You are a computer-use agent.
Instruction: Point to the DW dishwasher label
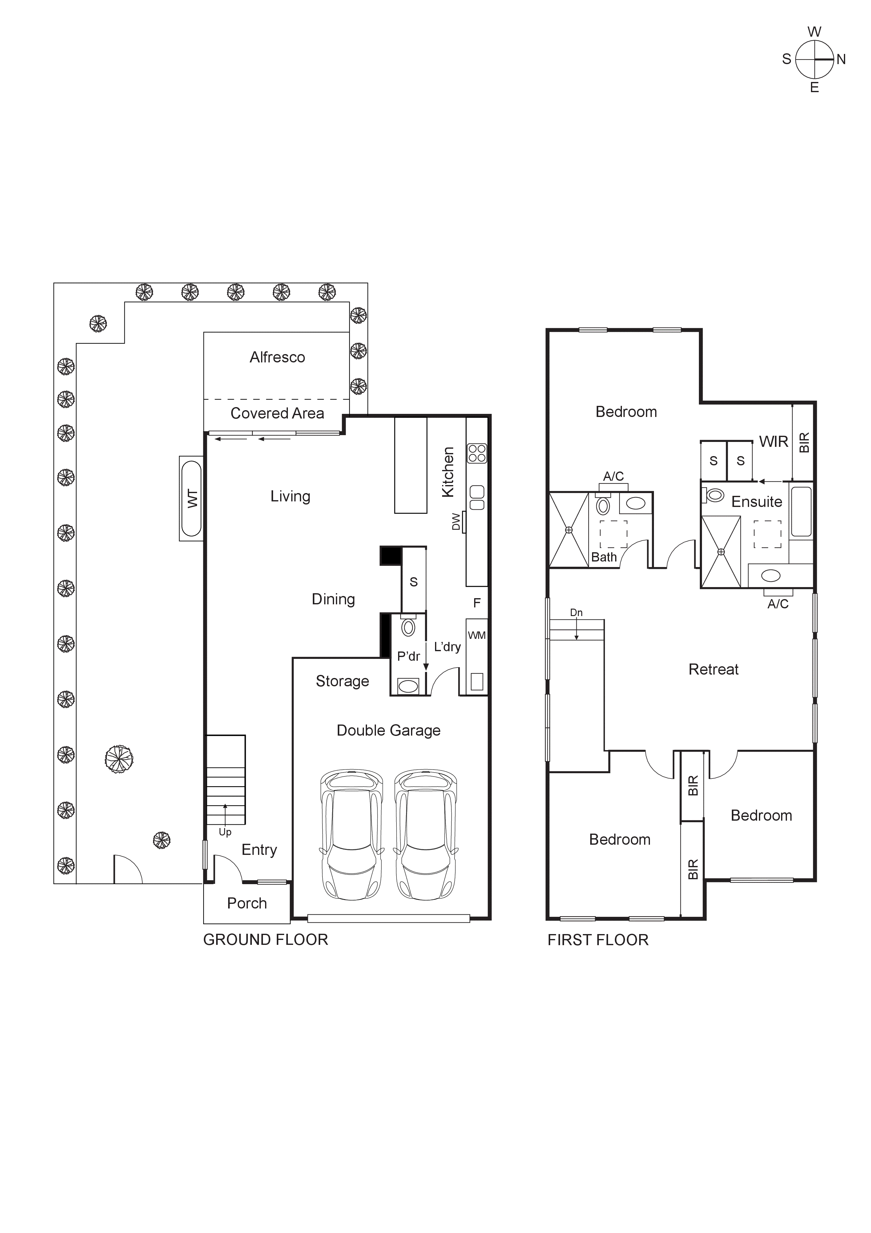click(x=456, y=521)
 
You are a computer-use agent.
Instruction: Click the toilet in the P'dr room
click(x=408, y=627)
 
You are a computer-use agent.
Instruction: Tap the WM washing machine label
click(x=477, y=635)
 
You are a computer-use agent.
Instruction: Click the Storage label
click(x=342, y=681)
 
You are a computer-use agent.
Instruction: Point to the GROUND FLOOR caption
click(x=265, y=940)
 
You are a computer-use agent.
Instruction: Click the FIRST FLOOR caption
click(x=598, y=940)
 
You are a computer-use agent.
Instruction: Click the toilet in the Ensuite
click(x=715, y=495)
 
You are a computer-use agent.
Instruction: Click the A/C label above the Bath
click(x=613, y=476)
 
